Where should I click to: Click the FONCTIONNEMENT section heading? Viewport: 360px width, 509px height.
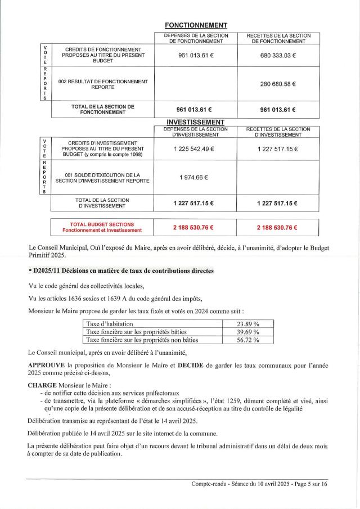point(196,25)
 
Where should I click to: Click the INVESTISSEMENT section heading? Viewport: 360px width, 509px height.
point(196,122)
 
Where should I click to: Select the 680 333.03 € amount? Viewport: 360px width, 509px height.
point(278,55)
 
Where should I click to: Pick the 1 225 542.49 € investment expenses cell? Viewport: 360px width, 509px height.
point(195,148)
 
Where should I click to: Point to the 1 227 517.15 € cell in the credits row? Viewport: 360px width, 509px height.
point(278,148)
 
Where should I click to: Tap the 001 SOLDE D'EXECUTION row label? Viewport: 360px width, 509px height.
point(102,178)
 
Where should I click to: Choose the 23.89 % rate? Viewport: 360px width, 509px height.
point(248,323)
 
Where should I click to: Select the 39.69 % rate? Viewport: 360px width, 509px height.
point(248,332)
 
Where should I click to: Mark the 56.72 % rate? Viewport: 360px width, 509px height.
point(248,340)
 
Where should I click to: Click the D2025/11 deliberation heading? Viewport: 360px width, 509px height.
point(120,271)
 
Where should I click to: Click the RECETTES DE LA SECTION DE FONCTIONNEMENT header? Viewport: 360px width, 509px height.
point(278,38)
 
